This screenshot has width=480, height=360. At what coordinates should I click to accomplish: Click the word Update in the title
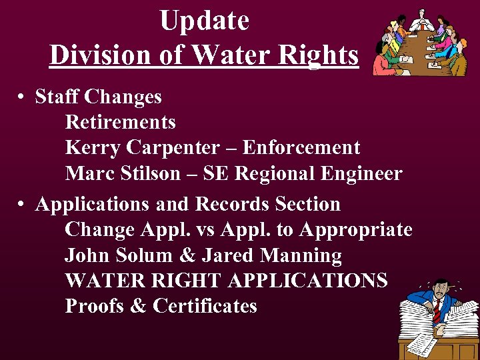(204, 21)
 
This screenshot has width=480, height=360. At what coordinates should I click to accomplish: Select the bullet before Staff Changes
(22, 97)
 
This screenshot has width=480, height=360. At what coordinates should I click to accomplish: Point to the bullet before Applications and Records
(22, 205)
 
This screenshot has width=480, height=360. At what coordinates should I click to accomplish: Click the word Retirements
(121, 122)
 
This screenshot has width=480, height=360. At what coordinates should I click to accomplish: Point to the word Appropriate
(356, 230)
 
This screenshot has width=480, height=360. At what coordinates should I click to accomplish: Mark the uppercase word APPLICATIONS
(307, 281)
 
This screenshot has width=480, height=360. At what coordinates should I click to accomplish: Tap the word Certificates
(205, 307)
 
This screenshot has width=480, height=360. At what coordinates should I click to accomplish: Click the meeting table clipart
(420, 43)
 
